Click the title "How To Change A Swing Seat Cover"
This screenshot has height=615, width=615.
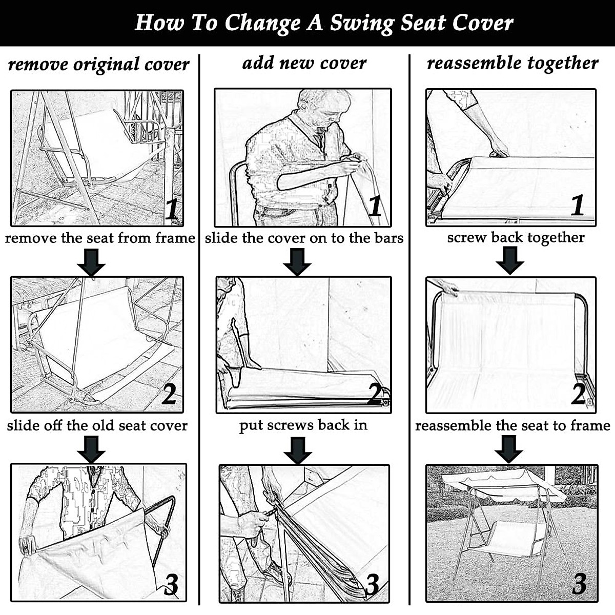(323, 23)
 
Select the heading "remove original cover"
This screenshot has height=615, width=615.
(98, 65)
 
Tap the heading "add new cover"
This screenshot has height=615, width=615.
(304, 63)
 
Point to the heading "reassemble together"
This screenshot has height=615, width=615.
(512, 63)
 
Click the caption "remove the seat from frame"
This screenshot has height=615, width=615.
(100, 238)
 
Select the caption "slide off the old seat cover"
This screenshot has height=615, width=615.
(97, 425)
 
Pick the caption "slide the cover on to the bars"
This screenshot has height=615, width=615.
(304, 238)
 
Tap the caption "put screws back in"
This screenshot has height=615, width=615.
(303, 425)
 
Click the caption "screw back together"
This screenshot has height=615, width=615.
(515, 237)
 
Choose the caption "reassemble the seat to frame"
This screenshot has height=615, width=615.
(512, 425)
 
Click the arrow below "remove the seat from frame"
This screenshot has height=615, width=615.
(91, 262)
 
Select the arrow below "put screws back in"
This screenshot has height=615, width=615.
(298, 450)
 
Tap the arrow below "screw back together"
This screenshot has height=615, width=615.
(509, 260)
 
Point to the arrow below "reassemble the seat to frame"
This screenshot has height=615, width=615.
(508, 449)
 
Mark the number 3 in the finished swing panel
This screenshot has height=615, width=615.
(579, 583)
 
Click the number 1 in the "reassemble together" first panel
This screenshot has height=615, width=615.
(578, 205)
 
